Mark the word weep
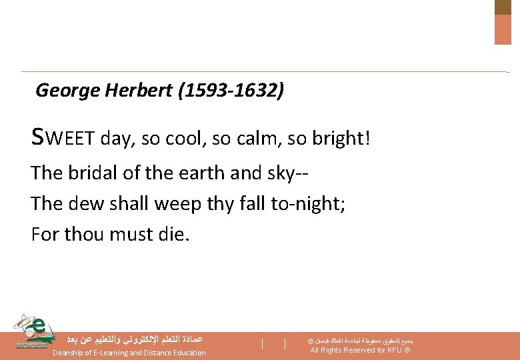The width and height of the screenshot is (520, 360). coord(179,205)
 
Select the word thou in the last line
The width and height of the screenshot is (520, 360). coord(83,234)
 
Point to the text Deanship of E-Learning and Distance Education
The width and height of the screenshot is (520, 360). coord(129,353)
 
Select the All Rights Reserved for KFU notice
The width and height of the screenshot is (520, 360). coord(360,351)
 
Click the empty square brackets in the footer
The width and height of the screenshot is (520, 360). coord(274,344)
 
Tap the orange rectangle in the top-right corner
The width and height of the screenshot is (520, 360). coord(503,29)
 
